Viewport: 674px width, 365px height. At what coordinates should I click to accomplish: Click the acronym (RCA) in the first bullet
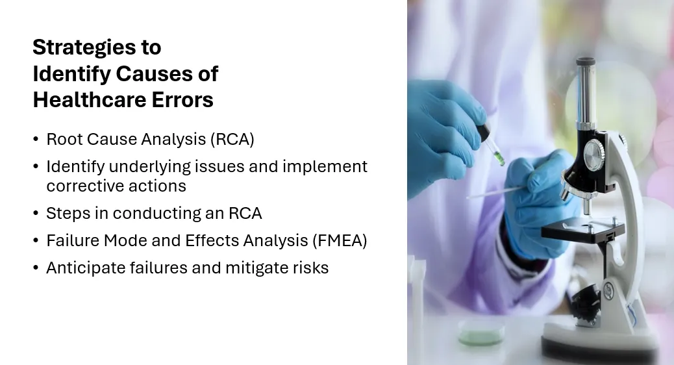click(232, 139)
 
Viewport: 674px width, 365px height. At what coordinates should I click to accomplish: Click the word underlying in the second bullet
click(149, 167)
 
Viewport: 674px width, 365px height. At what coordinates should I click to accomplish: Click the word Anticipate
click(86, 268)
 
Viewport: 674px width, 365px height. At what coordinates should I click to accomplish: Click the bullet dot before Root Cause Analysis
click(36, 140)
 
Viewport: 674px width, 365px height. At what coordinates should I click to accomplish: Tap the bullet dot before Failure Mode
click(36, 241)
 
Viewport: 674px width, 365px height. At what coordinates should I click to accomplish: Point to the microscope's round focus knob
click(594, 154)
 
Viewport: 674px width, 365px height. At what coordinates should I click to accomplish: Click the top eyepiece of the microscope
click(586, 62)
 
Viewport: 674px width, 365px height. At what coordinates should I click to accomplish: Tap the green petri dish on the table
click(481, 333)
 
